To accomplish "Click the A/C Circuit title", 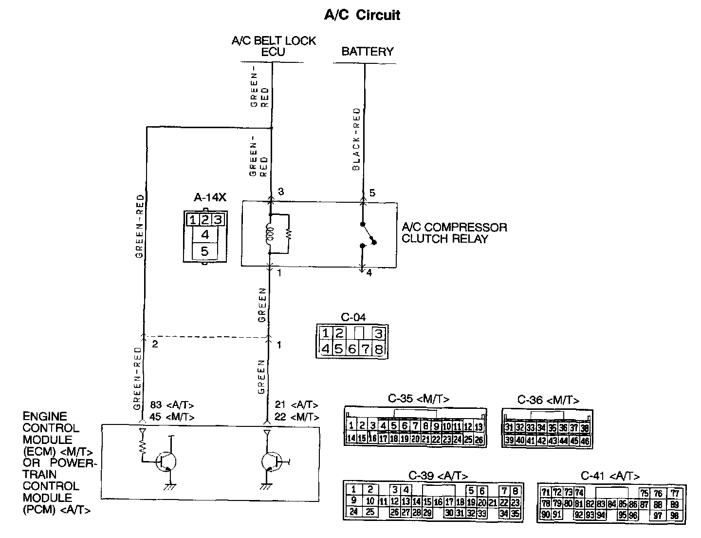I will (x=362, y=15).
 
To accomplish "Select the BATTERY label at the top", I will (x=367, y=51).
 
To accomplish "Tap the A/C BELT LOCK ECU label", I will (x=274, y=46).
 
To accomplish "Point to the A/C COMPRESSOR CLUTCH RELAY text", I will (x=454, y=233).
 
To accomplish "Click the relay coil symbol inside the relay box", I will (x=269, y=233).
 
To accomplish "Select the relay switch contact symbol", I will (x=368, y=236).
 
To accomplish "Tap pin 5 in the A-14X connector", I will (x=204, y=251).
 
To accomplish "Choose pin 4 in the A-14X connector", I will (x=204, y=234).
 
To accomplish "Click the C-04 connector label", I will (x=353, y=318).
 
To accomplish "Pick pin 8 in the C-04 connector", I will (x=379, y=349).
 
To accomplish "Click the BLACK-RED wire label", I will (x=357, y=139).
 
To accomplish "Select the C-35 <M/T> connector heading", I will (x=419, y=399).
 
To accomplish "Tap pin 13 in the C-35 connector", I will (x=479, y=426).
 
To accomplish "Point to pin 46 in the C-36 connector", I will (x=585, y=441).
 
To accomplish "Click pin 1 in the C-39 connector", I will (x=354, y=490).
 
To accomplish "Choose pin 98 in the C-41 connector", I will (x=674, y=515).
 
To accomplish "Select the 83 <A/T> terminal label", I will (x=172, y=404).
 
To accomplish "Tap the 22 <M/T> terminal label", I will (x=296, y=417).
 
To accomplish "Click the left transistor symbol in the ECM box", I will (x=165, y=461).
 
